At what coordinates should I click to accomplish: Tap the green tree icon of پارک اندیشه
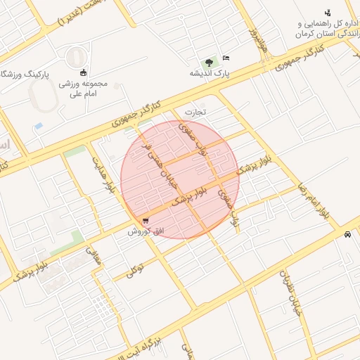click(208, 62)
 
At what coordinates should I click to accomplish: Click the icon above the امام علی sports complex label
click(84, 72)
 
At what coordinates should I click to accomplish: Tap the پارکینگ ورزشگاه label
click(27, 73)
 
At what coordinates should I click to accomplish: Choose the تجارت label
click(197, 112)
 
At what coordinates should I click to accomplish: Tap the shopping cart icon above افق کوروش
click(145, 220)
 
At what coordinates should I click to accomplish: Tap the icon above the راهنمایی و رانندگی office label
click(327, 13)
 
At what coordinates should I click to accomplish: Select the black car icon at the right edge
click(347, 235)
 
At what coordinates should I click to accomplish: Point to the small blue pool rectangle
click(39, 126)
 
